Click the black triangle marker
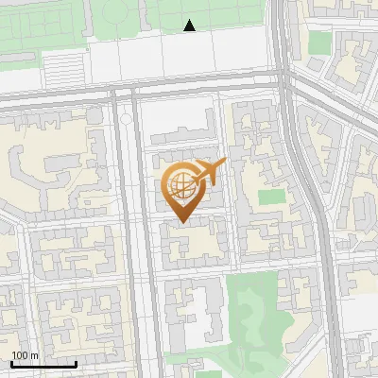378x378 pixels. point(190,26)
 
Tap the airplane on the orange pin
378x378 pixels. point(208,173)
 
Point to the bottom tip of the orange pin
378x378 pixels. point(180,222)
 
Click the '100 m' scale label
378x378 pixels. point(25,355)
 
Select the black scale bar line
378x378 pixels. point(43,364)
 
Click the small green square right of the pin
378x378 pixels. point(272,198)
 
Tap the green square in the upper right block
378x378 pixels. point(320,43)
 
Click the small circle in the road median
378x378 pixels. point(126,120)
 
